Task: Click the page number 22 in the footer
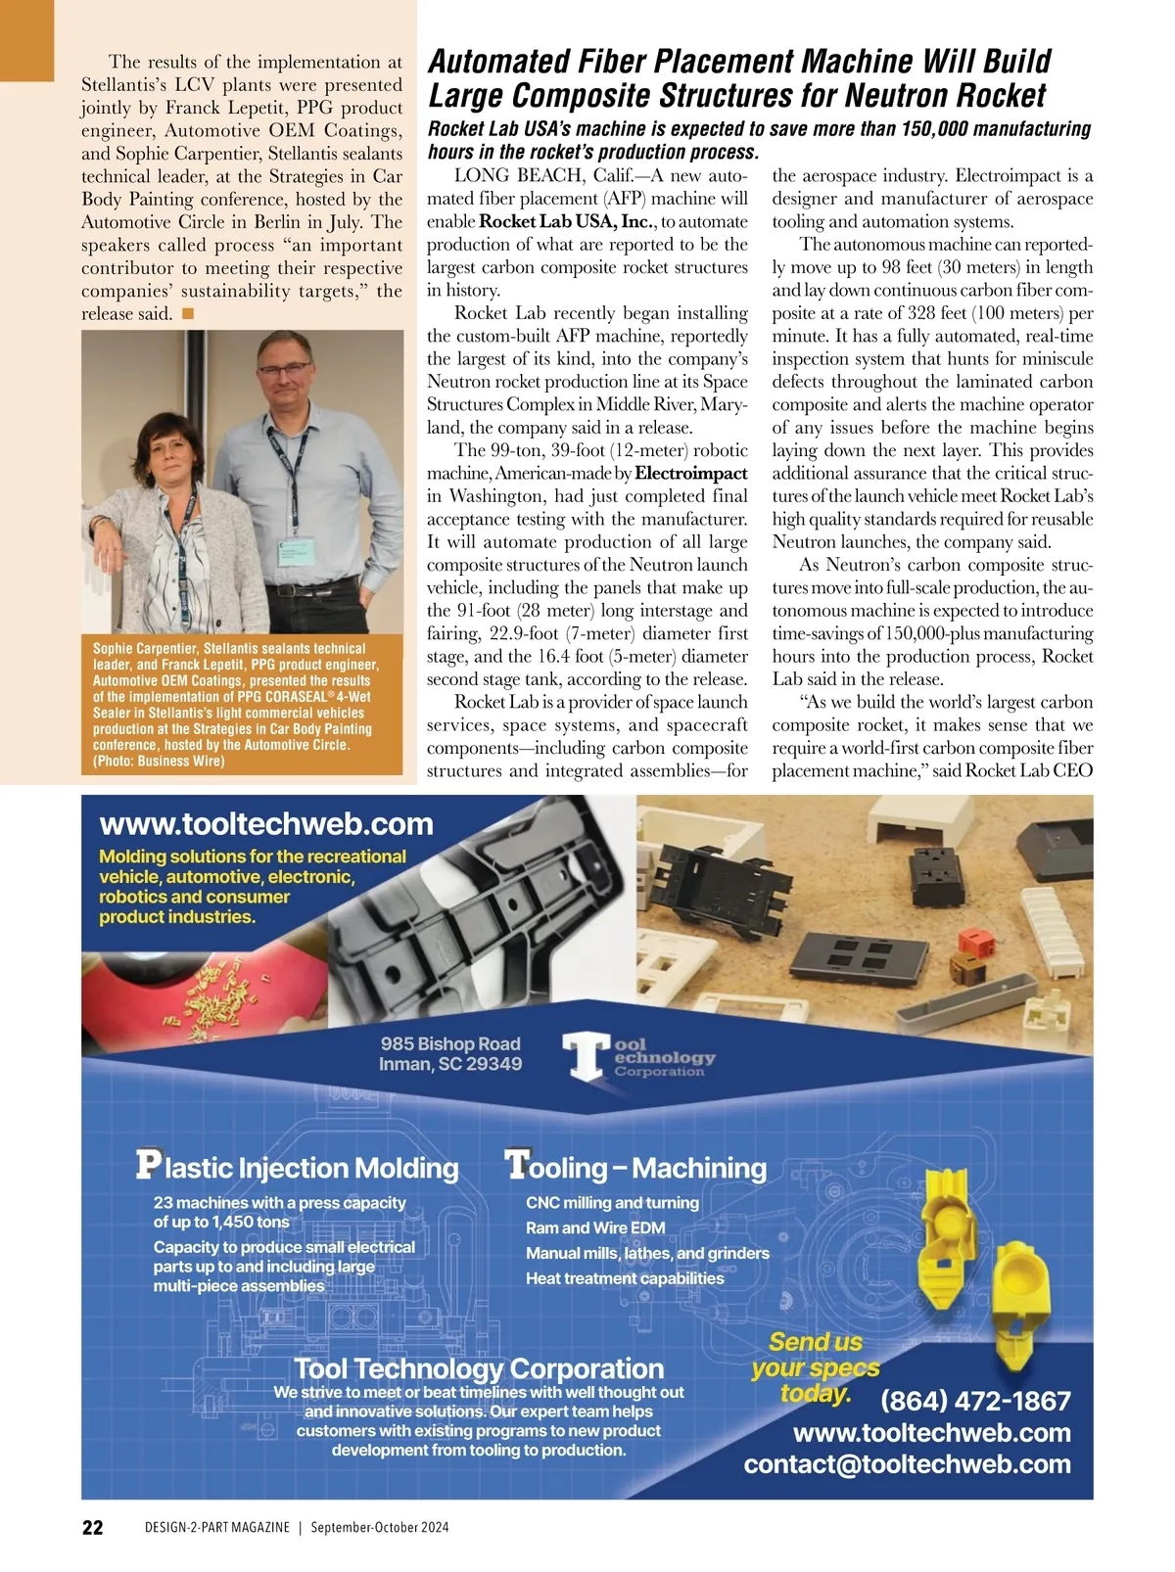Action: coord(92,1528)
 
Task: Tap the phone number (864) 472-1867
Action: coord(975,1401)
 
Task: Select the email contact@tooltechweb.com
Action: coord(907,1464)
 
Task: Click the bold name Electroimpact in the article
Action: coord(691,474)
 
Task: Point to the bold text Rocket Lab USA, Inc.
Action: coord(567,221)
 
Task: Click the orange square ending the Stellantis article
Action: coord(188,313)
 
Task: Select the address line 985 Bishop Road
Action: coord(450,1043)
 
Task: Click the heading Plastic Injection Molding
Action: coord(298,1167)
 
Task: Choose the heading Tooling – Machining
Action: coord(636,1167)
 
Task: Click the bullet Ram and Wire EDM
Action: coord(595,1227)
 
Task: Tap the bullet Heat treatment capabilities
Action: coord(625,1278)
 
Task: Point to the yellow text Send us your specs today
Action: coord(815,1367)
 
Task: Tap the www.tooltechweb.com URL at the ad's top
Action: coord(266,824)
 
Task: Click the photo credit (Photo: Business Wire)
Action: coord(159,762)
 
